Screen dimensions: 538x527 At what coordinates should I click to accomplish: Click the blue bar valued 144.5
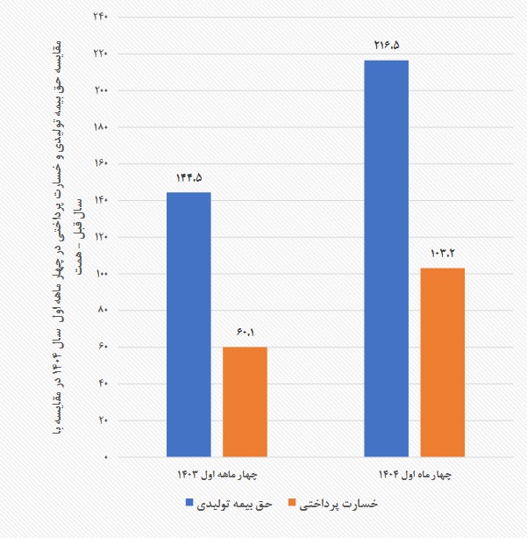pyautogui.click(x=189, y=324)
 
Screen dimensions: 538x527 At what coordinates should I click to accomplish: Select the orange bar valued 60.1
pyautogui.click(x=245, y=401)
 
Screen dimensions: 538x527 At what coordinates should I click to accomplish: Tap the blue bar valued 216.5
pyautogui.click(x=386, y=258)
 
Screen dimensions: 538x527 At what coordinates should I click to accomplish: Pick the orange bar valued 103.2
pyautogui.click(x=442, y=362)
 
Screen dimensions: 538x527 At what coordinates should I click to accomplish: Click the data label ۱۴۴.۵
pyautogui.click(x=189, y=176)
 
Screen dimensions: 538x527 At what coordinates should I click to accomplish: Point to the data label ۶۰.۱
pyautogui.click(x=245, y=331)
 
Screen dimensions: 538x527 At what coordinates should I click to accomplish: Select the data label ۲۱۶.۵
pyautogui.click(x=386, y=43)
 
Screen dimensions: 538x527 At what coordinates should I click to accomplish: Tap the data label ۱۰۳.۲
pyautogui.click(x=442, y=252)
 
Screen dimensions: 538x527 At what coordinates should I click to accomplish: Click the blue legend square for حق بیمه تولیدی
pyautogui.click(x=189, y=505)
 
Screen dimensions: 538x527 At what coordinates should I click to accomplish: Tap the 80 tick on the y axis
pyautogui.click(x=101, y=310)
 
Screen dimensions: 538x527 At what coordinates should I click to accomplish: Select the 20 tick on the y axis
pyautogui.click(x=101, y=420)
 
